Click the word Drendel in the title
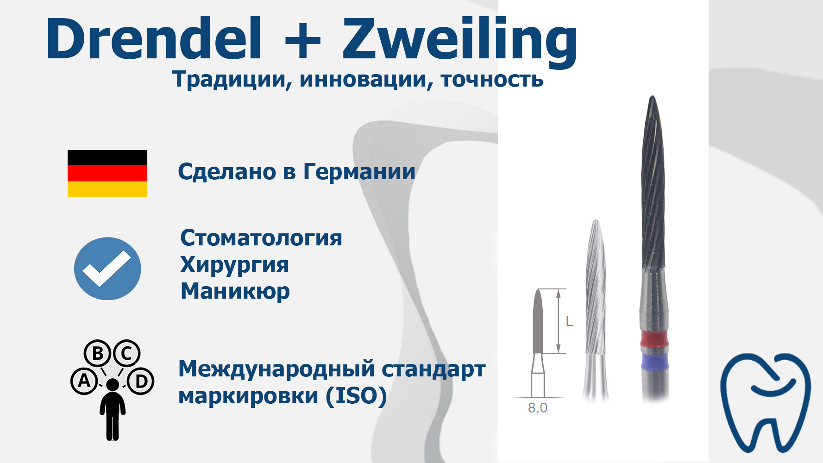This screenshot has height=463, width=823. point(154,39)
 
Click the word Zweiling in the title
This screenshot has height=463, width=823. point(460,42)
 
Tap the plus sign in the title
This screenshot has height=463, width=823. point(303,40)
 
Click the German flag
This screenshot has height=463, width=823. point(107,173)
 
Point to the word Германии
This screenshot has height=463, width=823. point(359,172)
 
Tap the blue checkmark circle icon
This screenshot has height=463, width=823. point(107,269)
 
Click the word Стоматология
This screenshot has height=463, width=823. point(261,238)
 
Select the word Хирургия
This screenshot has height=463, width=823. point(234,265)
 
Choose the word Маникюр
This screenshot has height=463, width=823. point(235,292)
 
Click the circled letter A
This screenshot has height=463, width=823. point(84,381)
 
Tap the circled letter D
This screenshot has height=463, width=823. point(141,381)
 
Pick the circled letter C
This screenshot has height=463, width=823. point(126,354)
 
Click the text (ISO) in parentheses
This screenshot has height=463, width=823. point(356,396)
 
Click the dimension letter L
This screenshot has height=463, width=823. point(570,321)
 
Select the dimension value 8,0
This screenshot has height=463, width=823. point(538,408)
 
